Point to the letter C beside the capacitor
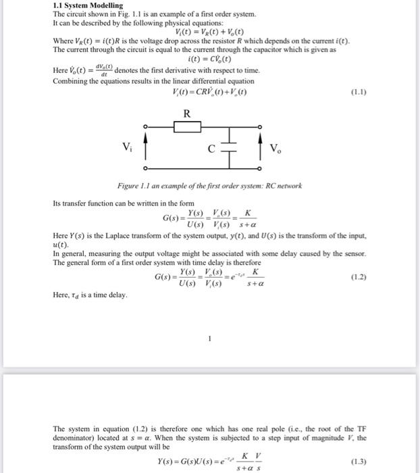(211, 148)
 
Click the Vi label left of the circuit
(126, 148)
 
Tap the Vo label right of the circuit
(275, 148)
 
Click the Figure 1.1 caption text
(209, 186)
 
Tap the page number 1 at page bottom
(210, 339)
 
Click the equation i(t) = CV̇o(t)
(210, 59)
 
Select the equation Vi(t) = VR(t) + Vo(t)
(209, 32)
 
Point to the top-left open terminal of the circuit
(145, 126)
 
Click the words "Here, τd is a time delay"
(89, 295)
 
